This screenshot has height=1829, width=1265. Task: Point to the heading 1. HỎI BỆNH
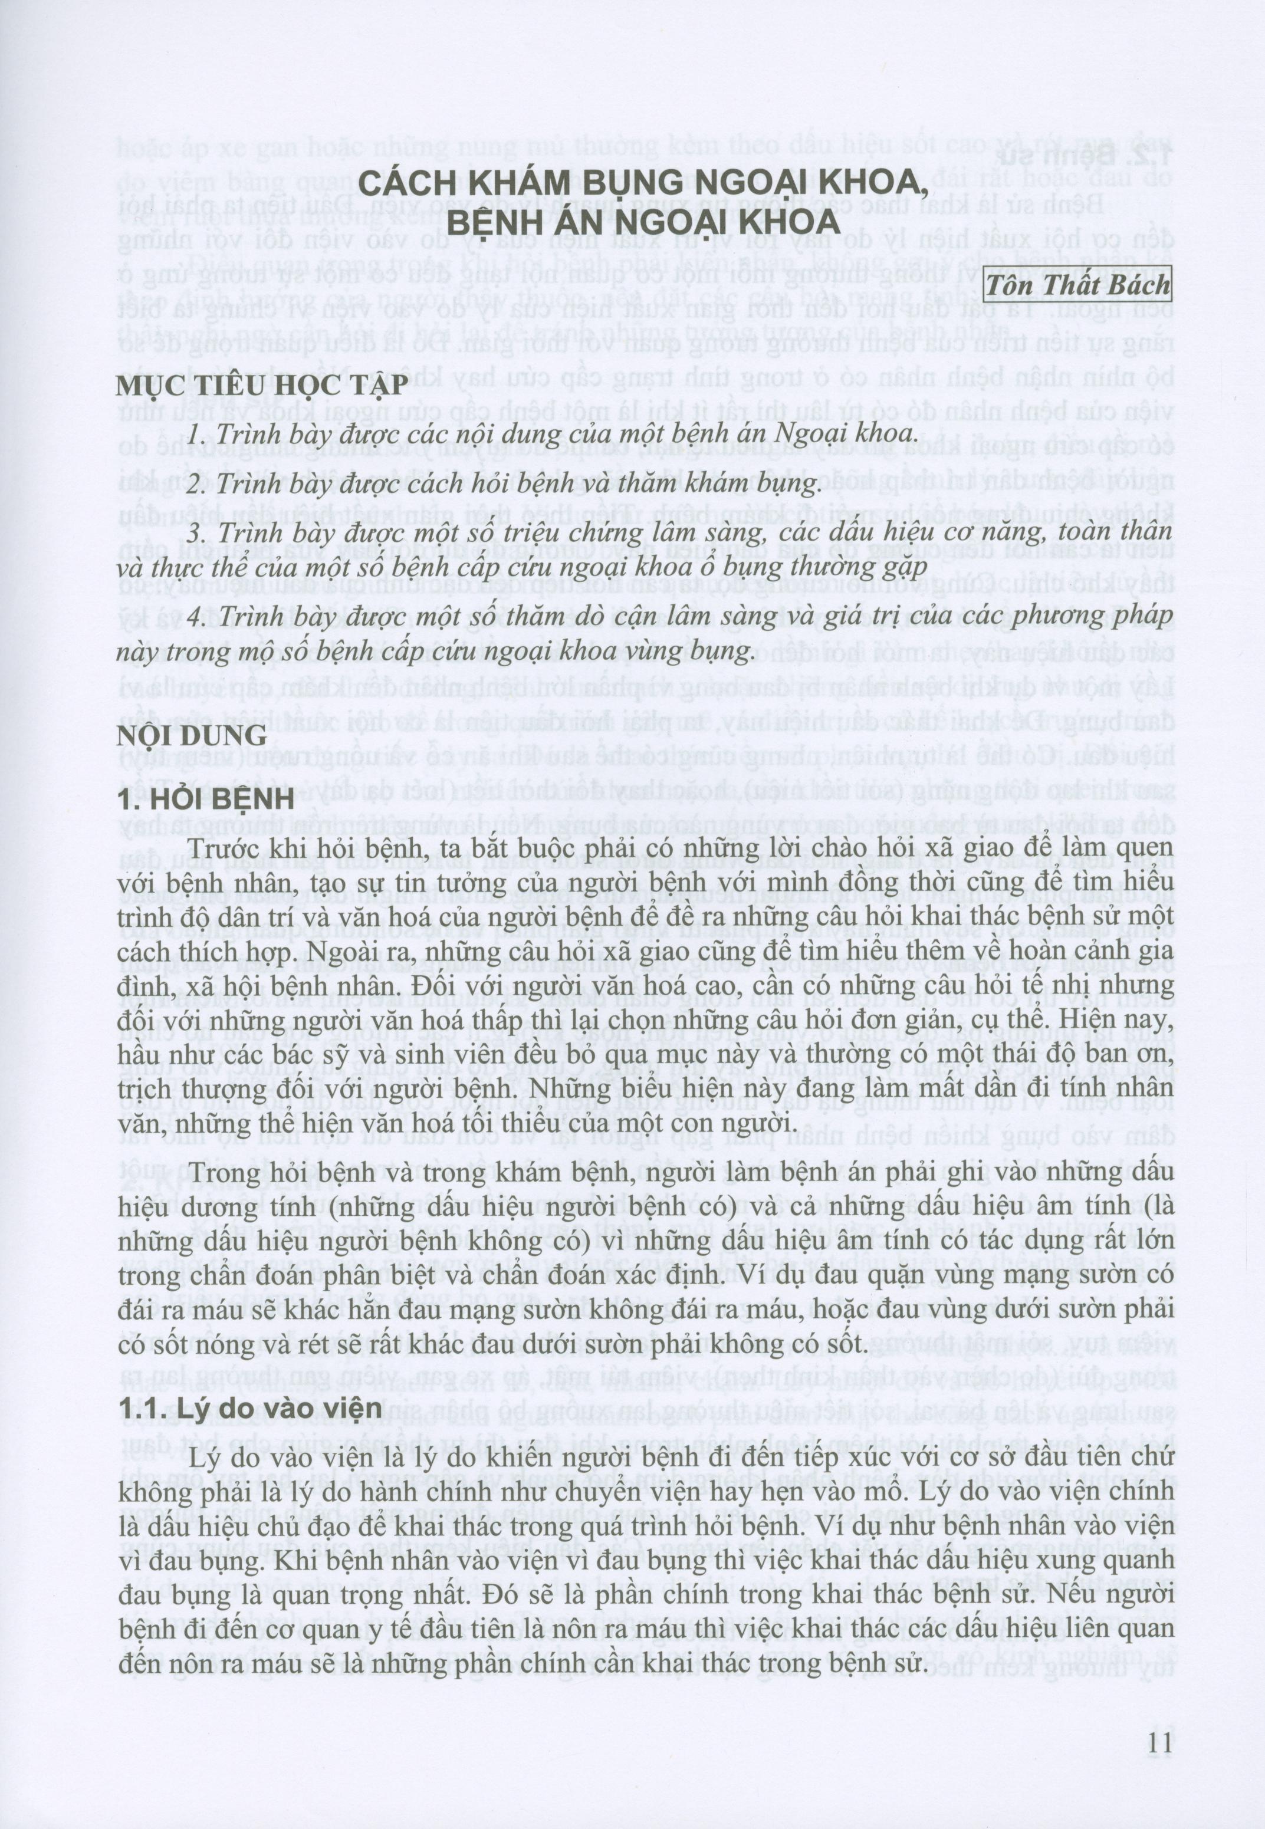[205, 800]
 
